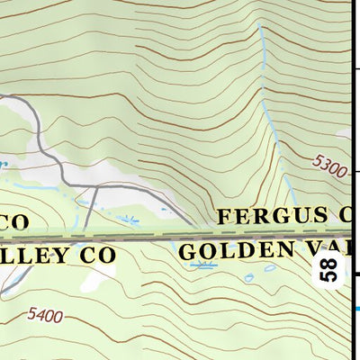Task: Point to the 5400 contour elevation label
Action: click(45, 315)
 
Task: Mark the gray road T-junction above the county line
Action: click(95, 185)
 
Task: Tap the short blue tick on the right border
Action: click(355, 309)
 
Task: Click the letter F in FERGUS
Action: click(225, 217)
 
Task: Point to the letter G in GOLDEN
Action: click(186, 252)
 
